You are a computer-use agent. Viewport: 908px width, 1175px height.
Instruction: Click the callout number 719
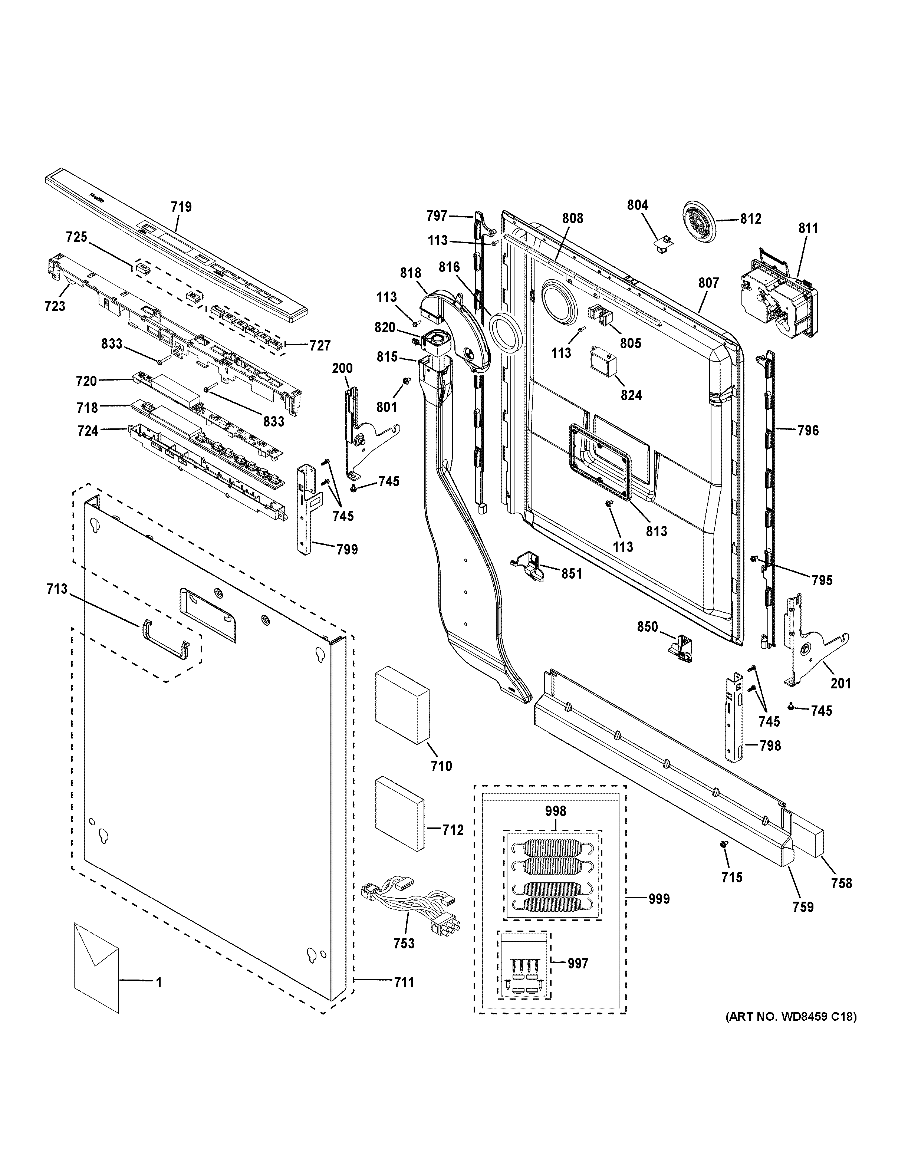coord(181,207)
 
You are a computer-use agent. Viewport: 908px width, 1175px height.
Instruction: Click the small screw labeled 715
coord(724,846)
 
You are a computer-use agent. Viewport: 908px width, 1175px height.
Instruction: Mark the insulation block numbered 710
coord(402,705)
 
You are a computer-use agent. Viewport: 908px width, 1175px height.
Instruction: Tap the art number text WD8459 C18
coord(791,1016)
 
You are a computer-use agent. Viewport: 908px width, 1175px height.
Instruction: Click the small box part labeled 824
coord(602,362)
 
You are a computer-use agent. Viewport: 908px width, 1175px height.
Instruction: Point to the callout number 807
coord(708,283)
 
